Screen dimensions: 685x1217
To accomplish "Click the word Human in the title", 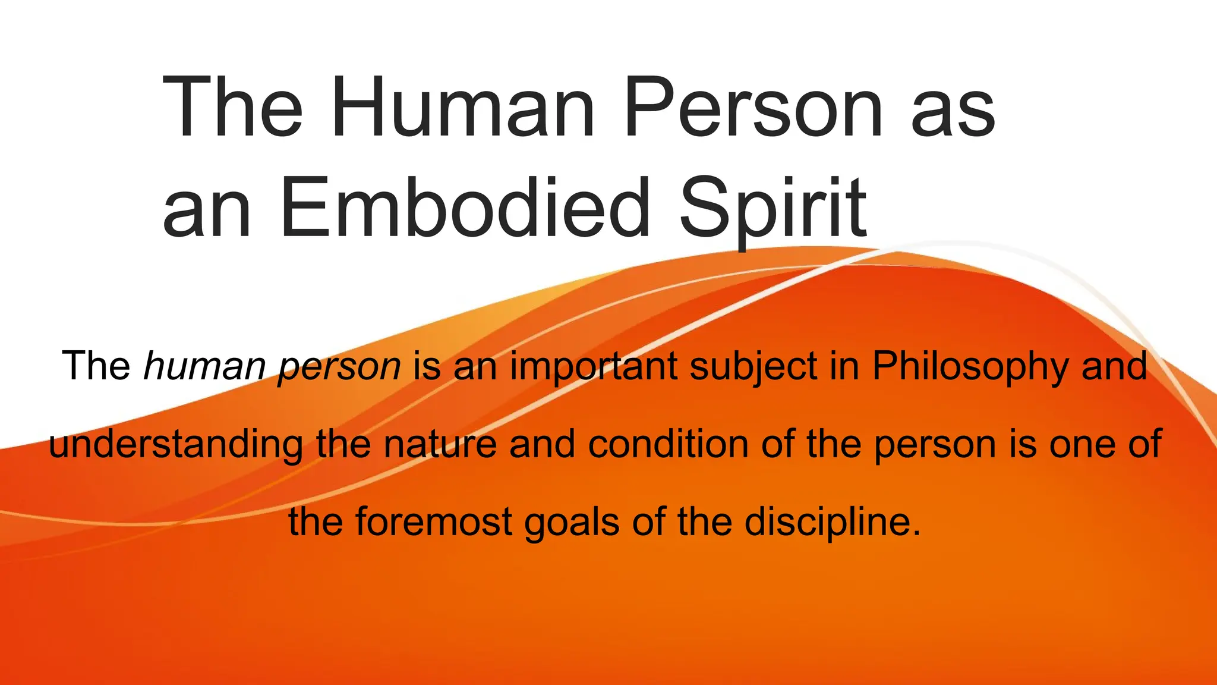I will pos(462,109).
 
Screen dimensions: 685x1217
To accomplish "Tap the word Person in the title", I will pos(753,109).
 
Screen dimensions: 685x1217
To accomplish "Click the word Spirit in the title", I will pos(773,208).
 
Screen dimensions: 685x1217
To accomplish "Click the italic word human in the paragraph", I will pos(204,366).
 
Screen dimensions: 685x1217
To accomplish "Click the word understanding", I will pos(176,445).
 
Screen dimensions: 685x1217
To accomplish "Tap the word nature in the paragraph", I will pos(440,445).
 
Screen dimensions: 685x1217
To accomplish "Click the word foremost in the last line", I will pos(434,522).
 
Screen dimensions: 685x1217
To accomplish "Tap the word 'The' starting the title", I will pos(233,109).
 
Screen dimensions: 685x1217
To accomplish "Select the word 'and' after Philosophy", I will pos(1114,366).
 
